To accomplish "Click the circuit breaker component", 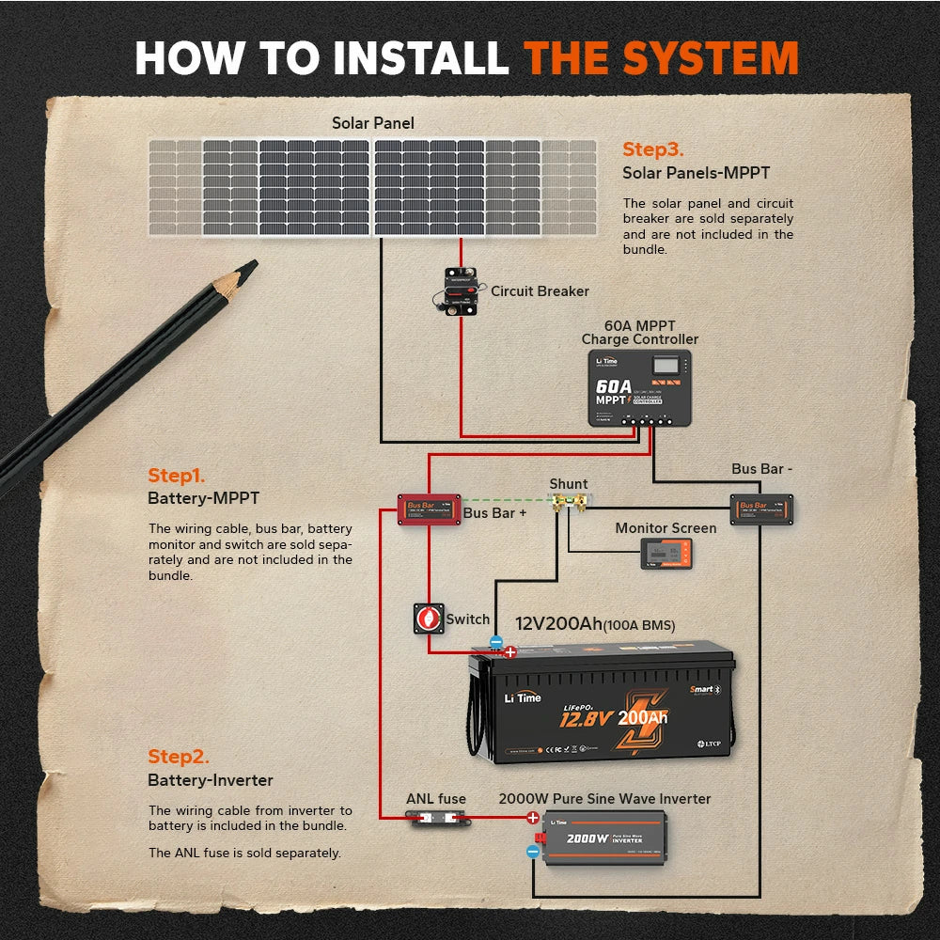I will pyautogui.click(x=459, y=290).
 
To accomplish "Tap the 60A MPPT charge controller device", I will pyautogui.click(x=640, y=387).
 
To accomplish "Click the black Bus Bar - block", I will pyautogui.click(x=762, y=509).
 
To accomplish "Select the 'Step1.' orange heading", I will pyautogui.click(x=176, y=476).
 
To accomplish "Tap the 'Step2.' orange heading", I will pyautogui.click(x=178, y=757).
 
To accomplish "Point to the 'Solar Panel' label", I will pyautogui.click(x=372, y=123).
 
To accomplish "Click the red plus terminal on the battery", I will pyautogui.click(x=510, y=651).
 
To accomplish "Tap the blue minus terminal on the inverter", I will pyautogui.click(x=533, y=852).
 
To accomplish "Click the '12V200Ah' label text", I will pyautogui.click(x=560, y=624).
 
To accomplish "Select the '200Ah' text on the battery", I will pyautogui.click(x=643, y=718).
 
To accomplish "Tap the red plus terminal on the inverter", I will pyautogui.click(x=532, y=818).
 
